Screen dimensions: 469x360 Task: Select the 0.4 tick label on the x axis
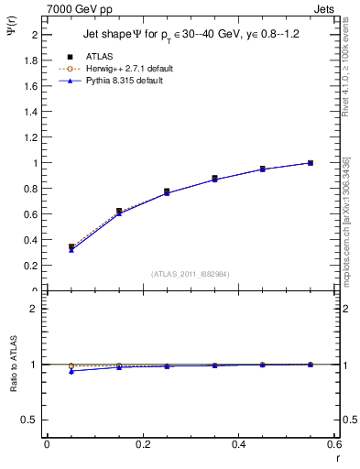pyautogui.click(x=239, y=443)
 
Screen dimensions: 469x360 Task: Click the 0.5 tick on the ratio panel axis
pyautogui.click(x=34, y=420)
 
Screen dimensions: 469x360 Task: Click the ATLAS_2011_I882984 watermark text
pyautogui.click(x=190, y=274)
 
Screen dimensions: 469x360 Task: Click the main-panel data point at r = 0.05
pyautogui.click(x=71, y=246)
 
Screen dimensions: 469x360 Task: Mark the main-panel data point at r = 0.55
pyautogui.click(x=311, y=163)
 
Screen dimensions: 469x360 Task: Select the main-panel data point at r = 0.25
pyautogui.click(x=167, y=191)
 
